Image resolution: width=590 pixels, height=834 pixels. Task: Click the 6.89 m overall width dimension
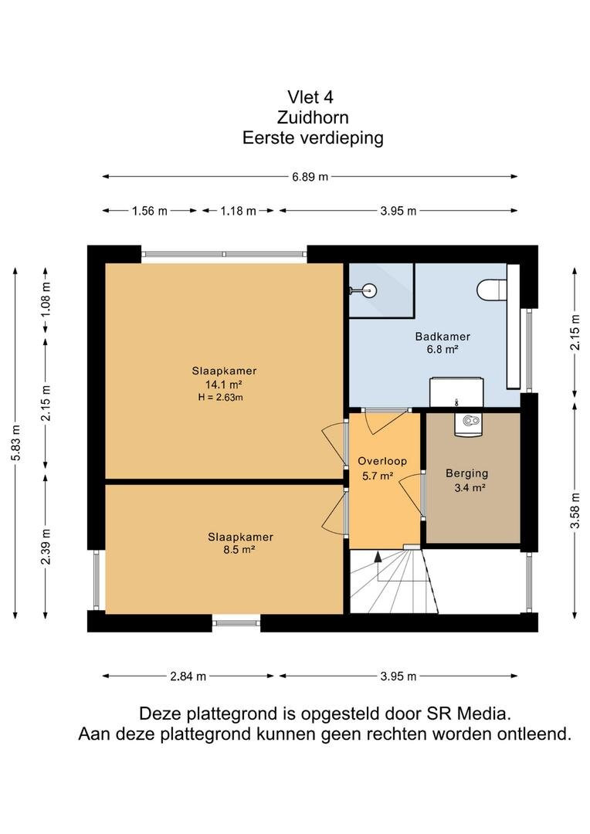point(310,177)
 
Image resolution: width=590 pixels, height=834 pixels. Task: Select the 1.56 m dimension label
point(150,211)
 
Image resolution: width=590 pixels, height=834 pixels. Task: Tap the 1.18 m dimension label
point(239,211)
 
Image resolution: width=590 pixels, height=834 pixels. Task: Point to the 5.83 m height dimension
point(16,443)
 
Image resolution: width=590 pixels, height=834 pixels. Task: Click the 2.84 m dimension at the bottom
point(188,676)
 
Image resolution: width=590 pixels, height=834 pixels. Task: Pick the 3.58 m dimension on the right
point(575,510)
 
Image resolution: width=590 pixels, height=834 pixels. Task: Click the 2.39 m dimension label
point(46,546)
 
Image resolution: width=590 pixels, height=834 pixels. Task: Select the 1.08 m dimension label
point(46,299)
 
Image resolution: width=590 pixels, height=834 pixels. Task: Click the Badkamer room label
point(442,337)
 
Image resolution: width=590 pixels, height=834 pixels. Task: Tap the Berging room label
point(466,473)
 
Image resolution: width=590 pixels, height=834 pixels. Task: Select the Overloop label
point(382,461)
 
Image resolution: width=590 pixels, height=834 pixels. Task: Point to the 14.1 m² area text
point(224,384)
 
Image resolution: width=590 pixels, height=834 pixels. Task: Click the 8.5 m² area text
point(239,550)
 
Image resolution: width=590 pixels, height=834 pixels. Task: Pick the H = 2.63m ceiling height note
point(221,397)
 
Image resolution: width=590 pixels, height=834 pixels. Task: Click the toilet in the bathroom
point(490,290)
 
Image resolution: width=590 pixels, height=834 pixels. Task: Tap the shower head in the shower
point(365,290)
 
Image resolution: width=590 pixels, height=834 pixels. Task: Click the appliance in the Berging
point(469,425)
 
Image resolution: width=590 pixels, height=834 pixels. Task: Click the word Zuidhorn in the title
point(313,117)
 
